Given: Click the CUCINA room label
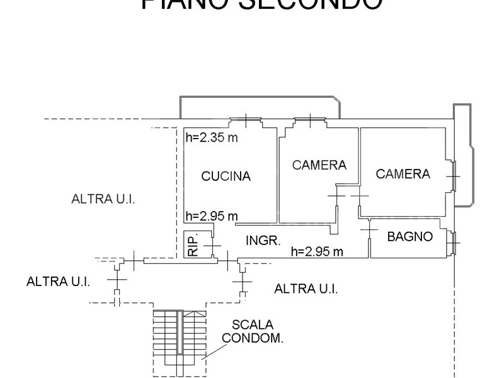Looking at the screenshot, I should coord(226,176).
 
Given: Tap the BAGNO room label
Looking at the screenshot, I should coord(410,237).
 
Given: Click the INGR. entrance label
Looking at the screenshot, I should coord(263,240).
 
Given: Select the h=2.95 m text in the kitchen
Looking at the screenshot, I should coord(212,216).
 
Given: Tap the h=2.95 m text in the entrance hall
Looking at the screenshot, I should coord(317,251).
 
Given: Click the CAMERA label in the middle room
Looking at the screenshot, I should coord(319,165).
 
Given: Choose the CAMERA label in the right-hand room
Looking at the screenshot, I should coord(403,174).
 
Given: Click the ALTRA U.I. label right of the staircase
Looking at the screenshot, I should coord(306,289).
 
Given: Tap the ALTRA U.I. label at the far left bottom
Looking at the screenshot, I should coord(59,282).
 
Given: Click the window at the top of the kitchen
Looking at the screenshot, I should coord(246,120).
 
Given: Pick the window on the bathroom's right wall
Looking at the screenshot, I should coord(455,240).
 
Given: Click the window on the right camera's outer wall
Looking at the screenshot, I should coord(455,176).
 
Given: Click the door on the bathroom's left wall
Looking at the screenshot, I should coord(369,232).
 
